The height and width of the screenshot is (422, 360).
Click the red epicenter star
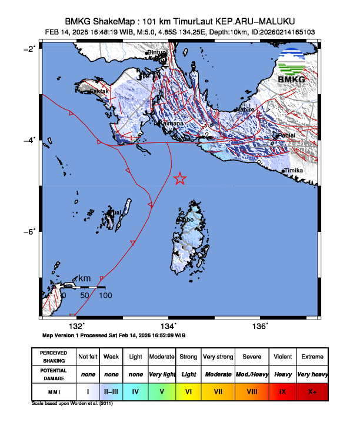[x=180, y=179]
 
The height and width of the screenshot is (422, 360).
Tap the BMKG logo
[x=291, y=67]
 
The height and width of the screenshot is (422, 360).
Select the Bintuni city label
[x=157, y=53]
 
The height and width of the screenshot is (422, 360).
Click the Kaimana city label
[x=172, y=124]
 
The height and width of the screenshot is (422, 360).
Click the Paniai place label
[x=286, y=135]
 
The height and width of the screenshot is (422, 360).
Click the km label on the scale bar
[x=85, y=278]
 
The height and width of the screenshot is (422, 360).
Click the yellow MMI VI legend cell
[x=189, y=391]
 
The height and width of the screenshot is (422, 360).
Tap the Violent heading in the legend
[x=281, y=357]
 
